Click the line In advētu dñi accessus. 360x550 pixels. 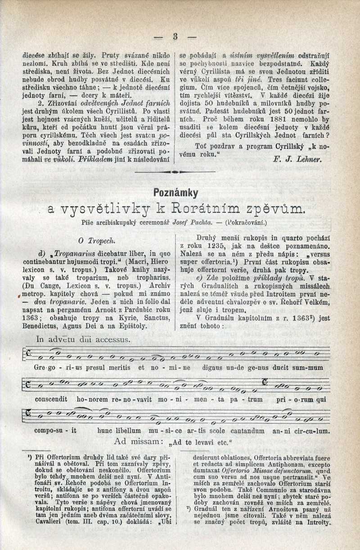point(83,340)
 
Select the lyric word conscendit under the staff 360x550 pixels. point(44,398)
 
